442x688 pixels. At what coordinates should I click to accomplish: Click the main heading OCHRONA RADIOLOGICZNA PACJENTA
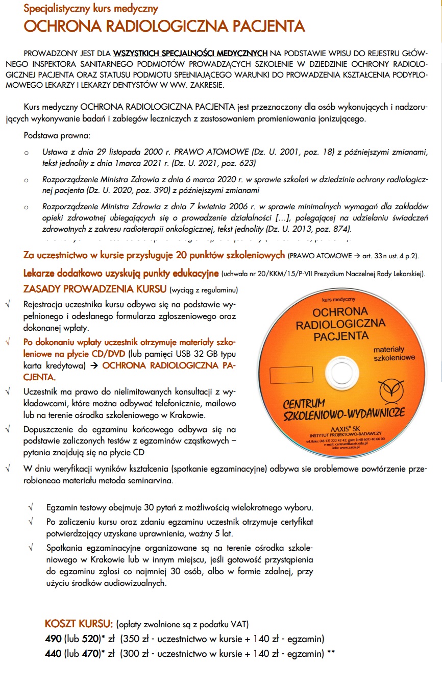click(x=164, y=27)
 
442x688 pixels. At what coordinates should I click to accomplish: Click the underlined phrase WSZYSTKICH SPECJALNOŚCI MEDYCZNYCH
click(x=190, y=53)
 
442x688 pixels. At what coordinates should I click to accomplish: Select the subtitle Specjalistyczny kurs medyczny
click(x=91, y=9)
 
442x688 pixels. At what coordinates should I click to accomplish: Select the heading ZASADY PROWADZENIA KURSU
click(x=95, y=289)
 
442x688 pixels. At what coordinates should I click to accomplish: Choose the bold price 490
click(x=53, y=638)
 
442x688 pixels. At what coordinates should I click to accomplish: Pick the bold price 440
click(x=53, y=653)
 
